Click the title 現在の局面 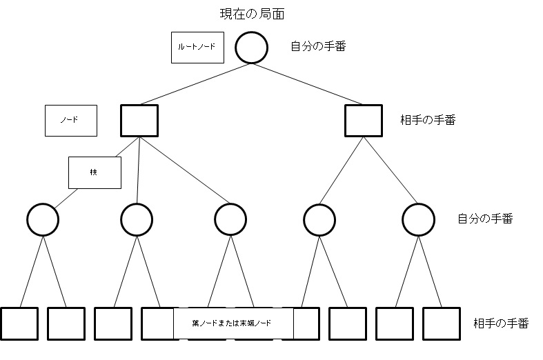click(x=250, y=14)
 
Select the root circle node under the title click(x=251, y=48)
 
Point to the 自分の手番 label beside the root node click(x=318, y=47)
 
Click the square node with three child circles click(x=139, y=120)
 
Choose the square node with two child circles click(x=364, y=120)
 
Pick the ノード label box click(x=70, y=120)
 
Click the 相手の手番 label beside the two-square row click(x=428, y=120)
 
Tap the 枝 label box click(x=95, y=172)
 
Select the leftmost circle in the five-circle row click(x=43, y=219)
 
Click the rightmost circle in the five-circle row click(x=419, y=219)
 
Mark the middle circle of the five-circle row click(x=230, y=219)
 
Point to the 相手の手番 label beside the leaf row click(x=501, y=323)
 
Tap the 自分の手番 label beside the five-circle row click(x=485, y=219)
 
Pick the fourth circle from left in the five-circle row click(x=319, y=219)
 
